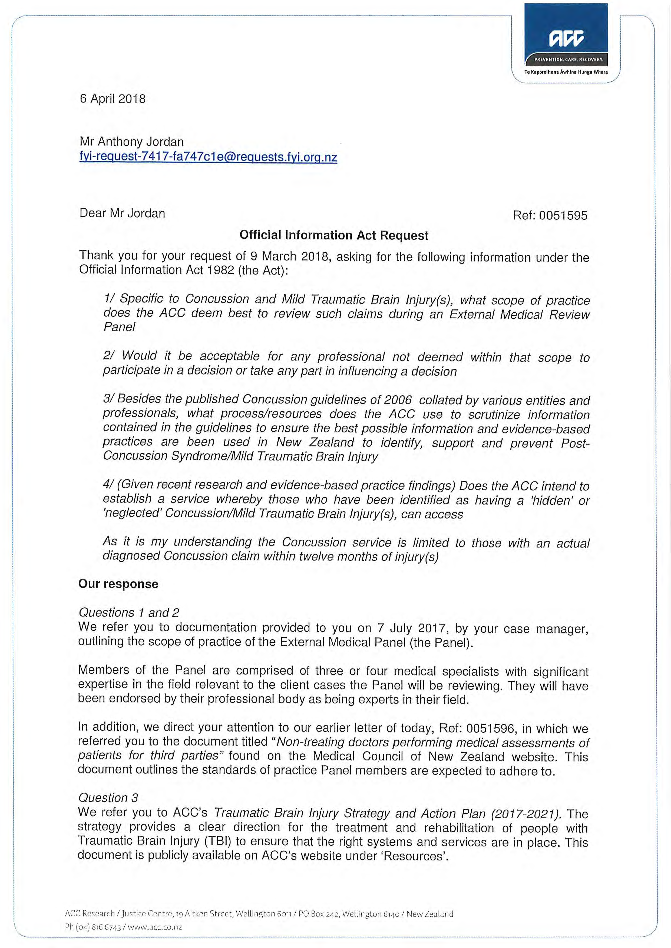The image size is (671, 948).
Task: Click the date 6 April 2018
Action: [113, 99]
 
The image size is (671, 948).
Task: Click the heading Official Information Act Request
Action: [334, 235]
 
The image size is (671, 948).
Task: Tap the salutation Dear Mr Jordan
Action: [122, 213]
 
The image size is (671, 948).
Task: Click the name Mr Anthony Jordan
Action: [131, 142]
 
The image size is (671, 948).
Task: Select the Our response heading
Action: [118, 584]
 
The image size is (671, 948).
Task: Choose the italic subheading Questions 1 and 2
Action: [128, 612]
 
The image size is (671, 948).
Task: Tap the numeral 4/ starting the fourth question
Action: [108, 484]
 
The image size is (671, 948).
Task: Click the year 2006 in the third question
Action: [398, 400]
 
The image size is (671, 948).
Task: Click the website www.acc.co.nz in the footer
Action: [155, 927]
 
